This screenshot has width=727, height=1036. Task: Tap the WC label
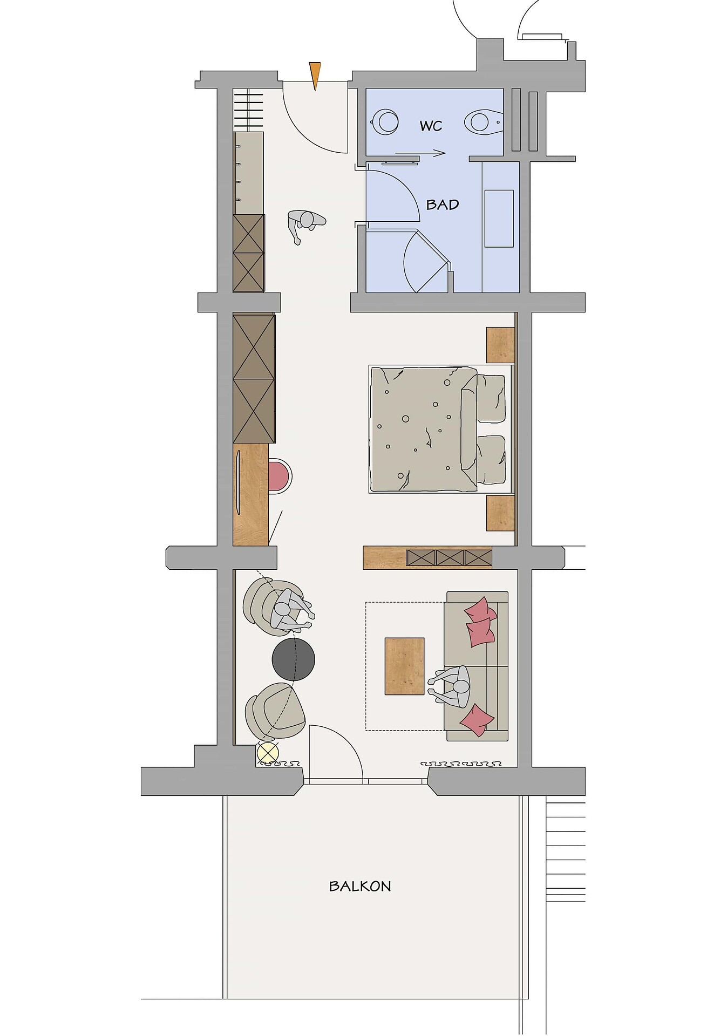pyautogui.click(x=431, y=126)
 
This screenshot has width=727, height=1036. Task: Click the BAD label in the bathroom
pyautogui.click(x=443, y=205)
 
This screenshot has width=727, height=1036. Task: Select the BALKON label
pyautogui.click(x=360, y=886)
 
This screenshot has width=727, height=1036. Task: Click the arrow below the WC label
pyautogui.click(x=420, y=153)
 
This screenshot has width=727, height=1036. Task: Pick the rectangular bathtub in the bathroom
pyautogui.click(x=499, y=218)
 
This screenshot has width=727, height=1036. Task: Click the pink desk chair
pyautogui.click(x=280, y=476)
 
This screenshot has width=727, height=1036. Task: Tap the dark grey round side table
pyautogui.click(x=293, y=659)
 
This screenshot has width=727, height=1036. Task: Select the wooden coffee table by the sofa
pyautogui.click(x=404, y=666)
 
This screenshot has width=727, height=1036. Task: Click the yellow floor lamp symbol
pyautogui.click(x=268, y=753)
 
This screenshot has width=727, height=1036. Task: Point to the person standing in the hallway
pyautogui.click(x=305, y=224)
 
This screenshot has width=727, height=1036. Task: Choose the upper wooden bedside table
pyautogui.click(x=500, y=345)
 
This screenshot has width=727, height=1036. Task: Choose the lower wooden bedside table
pyautogui.click(x=500, y=513)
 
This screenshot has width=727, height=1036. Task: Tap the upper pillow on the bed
pyautogui.click(x=491, y=398)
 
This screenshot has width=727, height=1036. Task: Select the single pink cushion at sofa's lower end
pyautogui.click(x=477, y=720)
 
